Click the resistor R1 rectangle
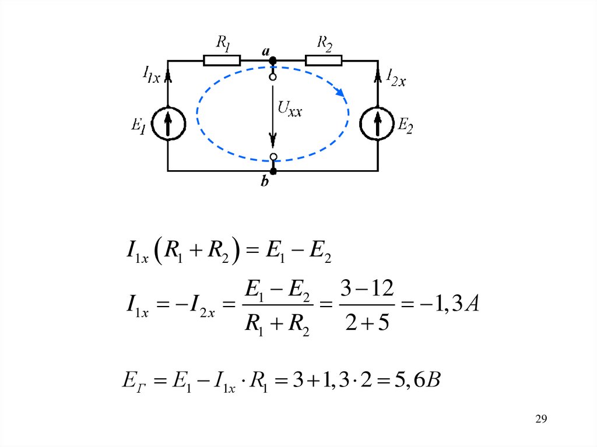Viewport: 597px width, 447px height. click(222, 60)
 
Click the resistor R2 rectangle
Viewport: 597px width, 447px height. click(324, 60)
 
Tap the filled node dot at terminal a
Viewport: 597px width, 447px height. click(272, 60)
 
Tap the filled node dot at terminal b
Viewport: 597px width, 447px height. click(272, 171)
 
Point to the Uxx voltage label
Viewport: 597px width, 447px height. click(290, 108)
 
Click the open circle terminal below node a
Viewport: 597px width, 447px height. click(272, 76)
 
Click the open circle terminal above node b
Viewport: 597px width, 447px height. click(272, 156)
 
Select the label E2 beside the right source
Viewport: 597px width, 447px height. click(405, 124)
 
